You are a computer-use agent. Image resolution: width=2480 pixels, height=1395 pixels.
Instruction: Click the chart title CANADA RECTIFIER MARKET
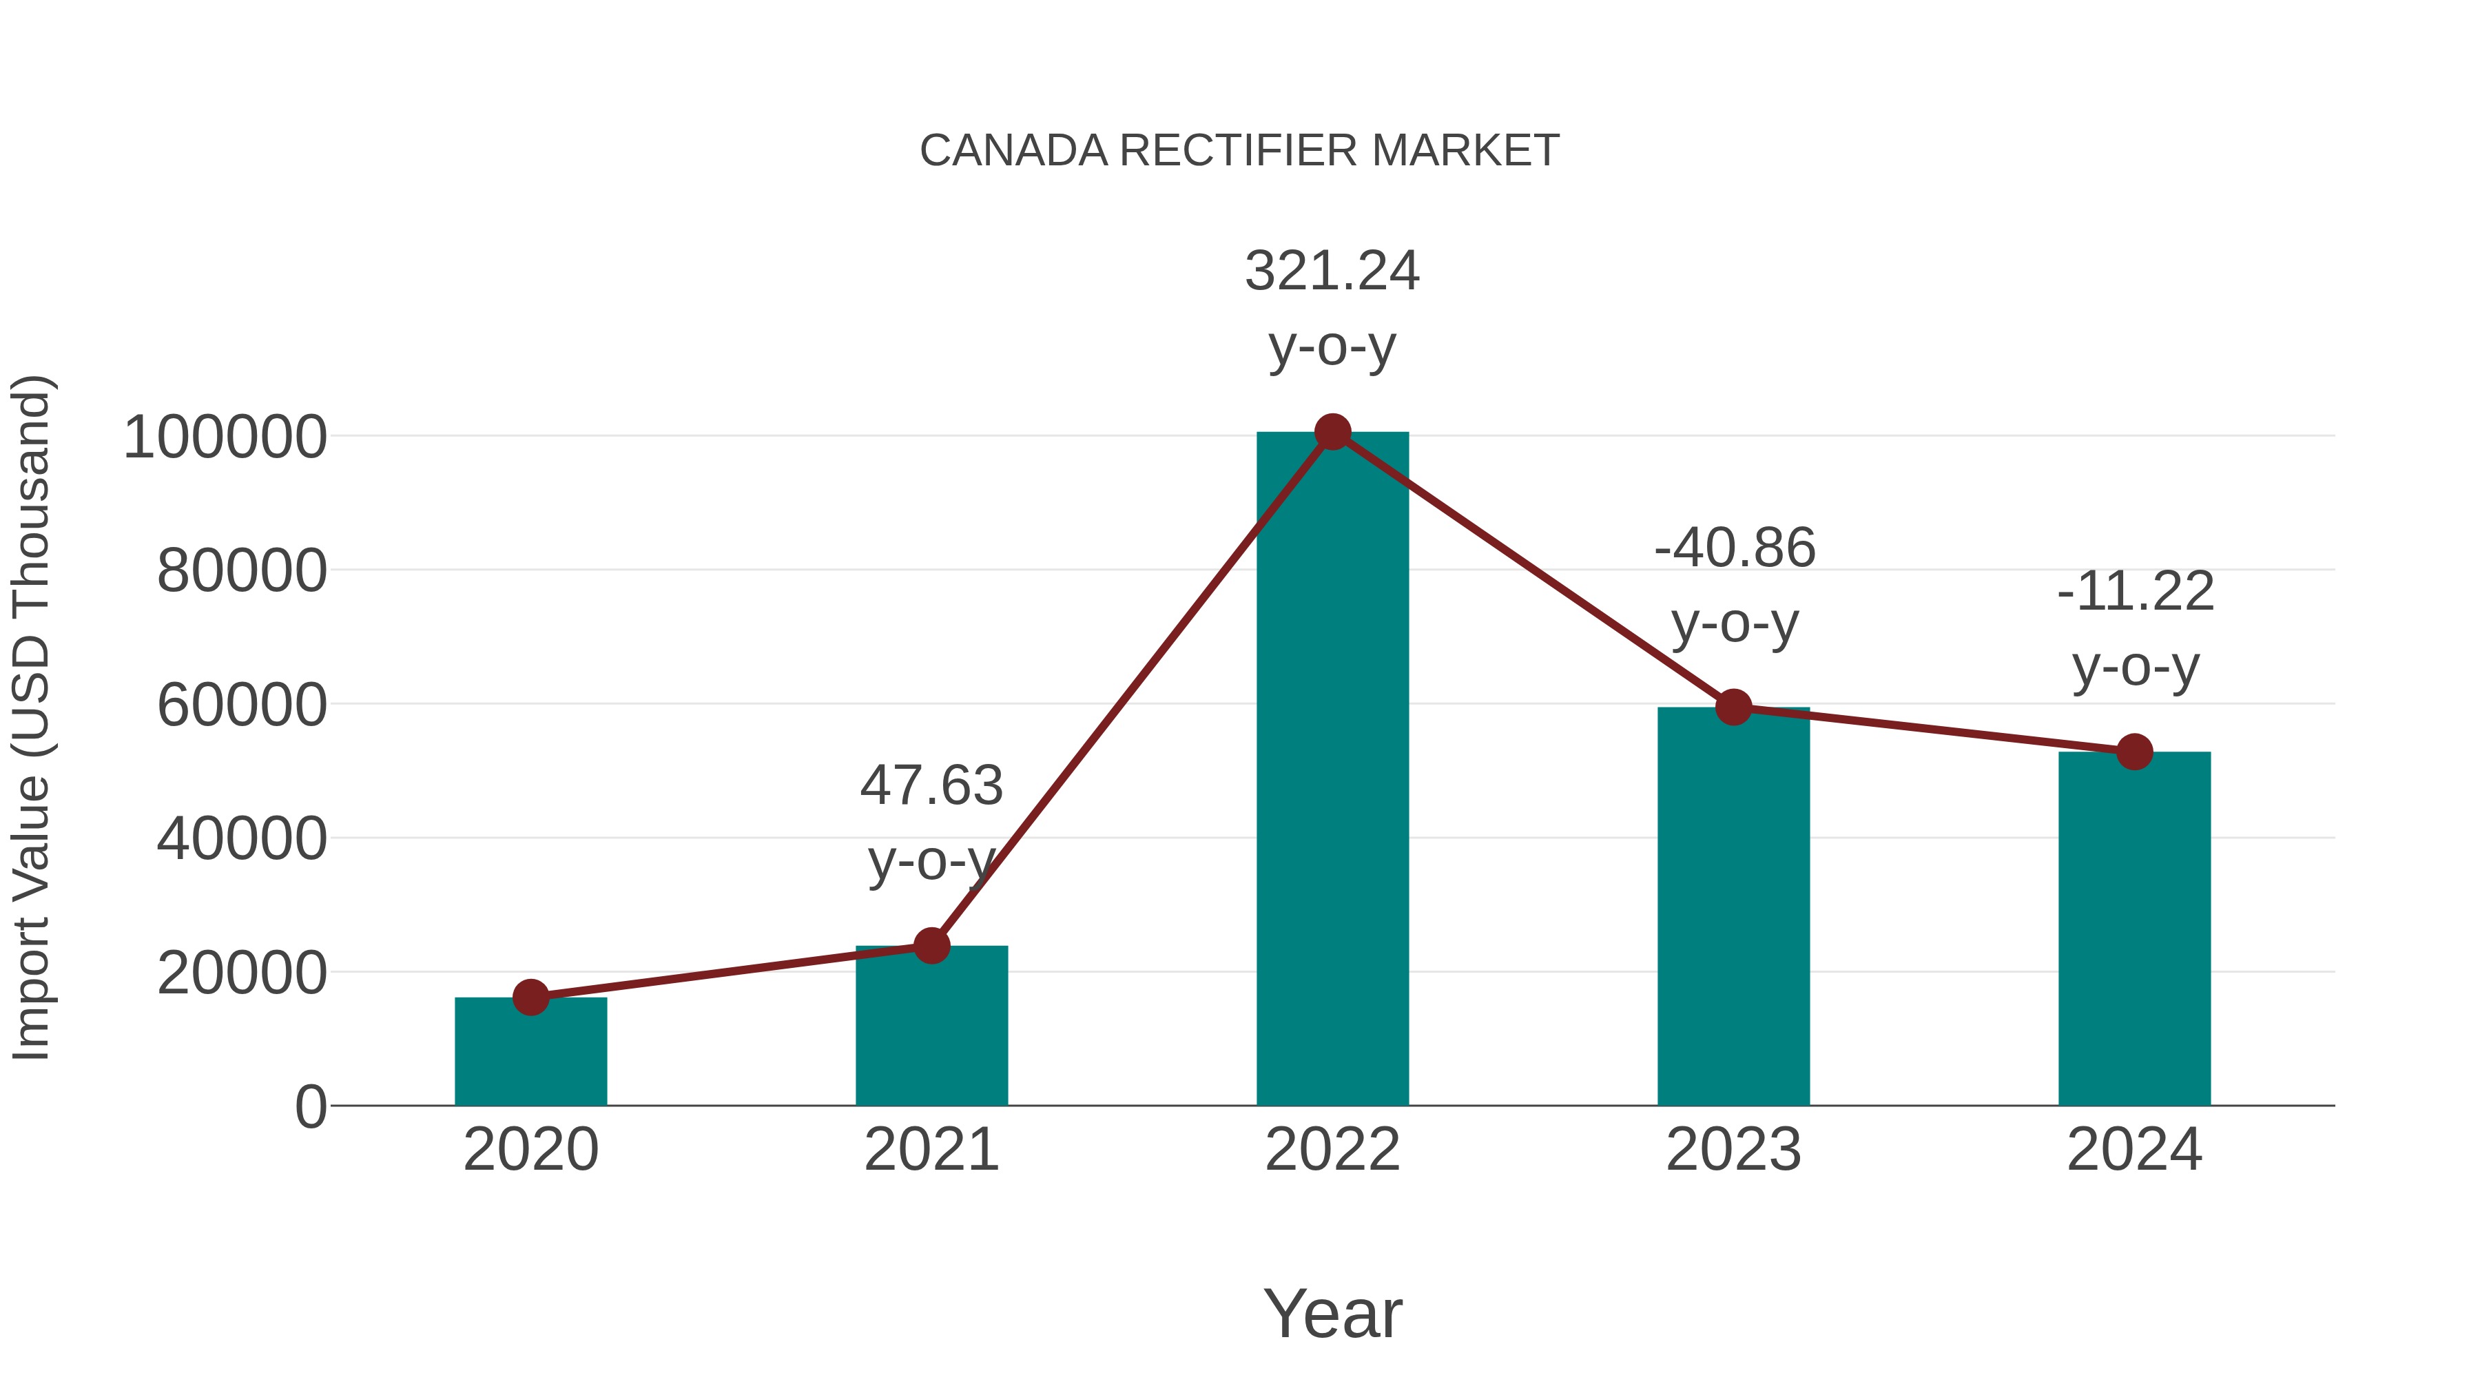click(x=1239, y=151)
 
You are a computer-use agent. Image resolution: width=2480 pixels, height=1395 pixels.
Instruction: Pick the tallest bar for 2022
click(x=1332, y=770)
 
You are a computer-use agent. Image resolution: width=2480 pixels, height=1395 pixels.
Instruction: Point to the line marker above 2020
click(x=530, y=998)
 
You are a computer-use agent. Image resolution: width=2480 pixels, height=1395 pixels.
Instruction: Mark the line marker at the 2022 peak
click(x=1332, y=432)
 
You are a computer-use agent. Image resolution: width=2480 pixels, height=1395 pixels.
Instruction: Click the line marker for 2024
click(x=2134, y=752)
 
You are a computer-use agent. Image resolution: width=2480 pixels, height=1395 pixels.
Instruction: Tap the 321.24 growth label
click(x=1332, y=271)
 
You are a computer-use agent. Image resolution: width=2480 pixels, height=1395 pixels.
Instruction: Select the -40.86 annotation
click(x=1734, y=549)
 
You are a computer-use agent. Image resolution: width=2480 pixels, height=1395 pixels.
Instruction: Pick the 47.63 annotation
click(x=931, y=785)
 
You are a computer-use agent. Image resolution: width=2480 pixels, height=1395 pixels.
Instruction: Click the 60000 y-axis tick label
click(x=242, y=705)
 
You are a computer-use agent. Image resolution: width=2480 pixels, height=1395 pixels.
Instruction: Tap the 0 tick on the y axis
click(x=311, y=1107)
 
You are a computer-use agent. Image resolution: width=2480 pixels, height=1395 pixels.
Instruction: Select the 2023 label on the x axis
click(x=1733, y=1150)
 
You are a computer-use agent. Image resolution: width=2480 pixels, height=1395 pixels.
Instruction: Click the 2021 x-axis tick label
click(x=931, y=1150)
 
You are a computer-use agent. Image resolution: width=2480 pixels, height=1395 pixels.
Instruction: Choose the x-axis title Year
click(x=1332, y=1314)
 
